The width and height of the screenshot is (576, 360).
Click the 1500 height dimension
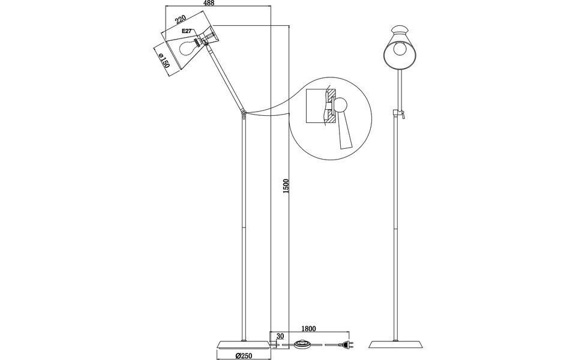tap(286, 186)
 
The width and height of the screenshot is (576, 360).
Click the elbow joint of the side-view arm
tap(243, 112)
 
